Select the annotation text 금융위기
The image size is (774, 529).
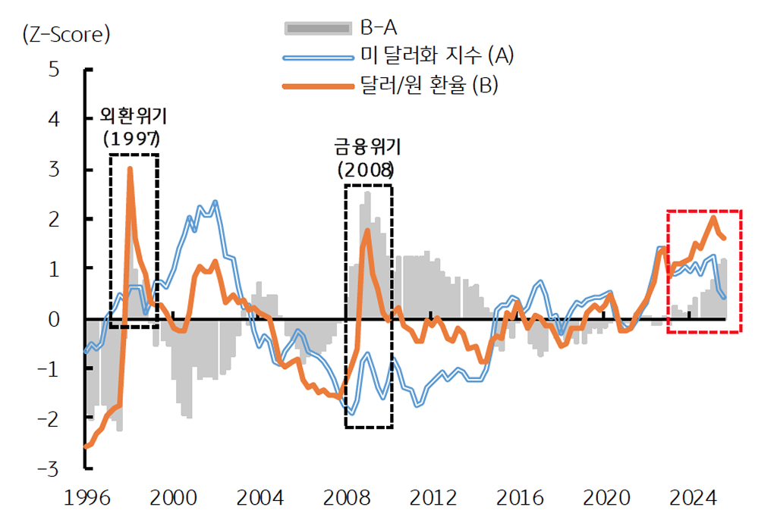click(x=367, y=146)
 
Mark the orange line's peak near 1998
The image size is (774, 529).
click(x=130, y=169)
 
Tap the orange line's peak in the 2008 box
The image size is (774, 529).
click(x=367, y=230)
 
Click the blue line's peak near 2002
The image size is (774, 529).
click(x=216, y=202)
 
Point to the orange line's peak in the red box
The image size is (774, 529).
click(x=713, y=218)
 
